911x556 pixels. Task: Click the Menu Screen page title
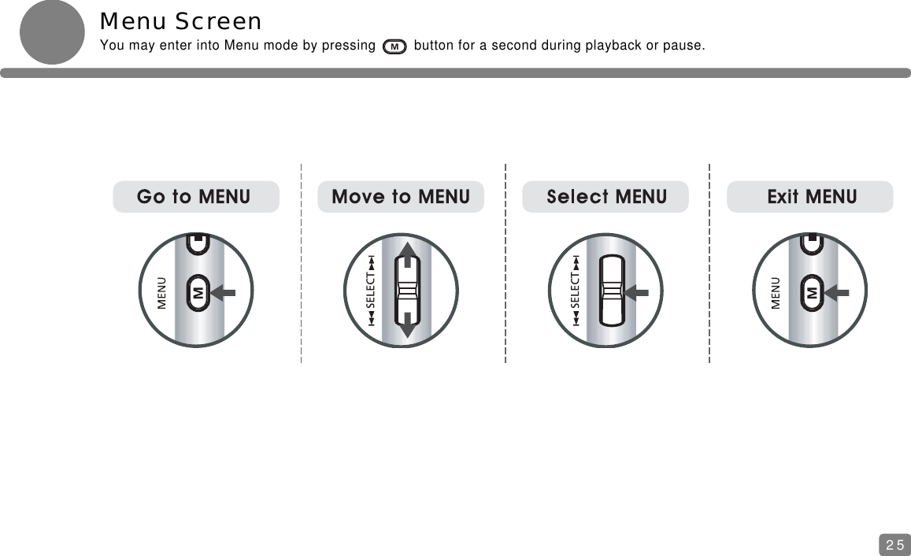tap(180, 21)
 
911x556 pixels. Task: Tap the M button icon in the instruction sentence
tap(394, 46)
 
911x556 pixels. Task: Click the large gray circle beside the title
tap(52, 32)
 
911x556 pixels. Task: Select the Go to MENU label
tap(195, 196)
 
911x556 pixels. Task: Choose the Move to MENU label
tap(401, 196)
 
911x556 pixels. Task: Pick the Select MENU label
tap(605, 196)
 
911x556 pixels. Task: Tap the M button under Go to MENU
tap(198, 292)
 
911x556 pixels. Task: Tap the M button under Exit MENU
tap(811, 292)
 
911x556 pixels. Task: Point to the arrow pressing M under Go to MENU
tap(224, 292)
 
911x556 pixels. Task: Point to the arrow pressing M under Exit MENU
tap(838, 292)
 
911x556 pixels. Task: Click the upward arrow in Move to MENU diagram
tap(409, 254)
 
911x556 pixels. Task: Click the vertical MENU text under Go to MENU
tap(161, 292)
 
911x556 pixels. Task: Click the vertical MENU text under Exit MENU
tap(776, 292)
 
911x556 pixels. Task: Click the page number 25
tap(894, 543)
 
